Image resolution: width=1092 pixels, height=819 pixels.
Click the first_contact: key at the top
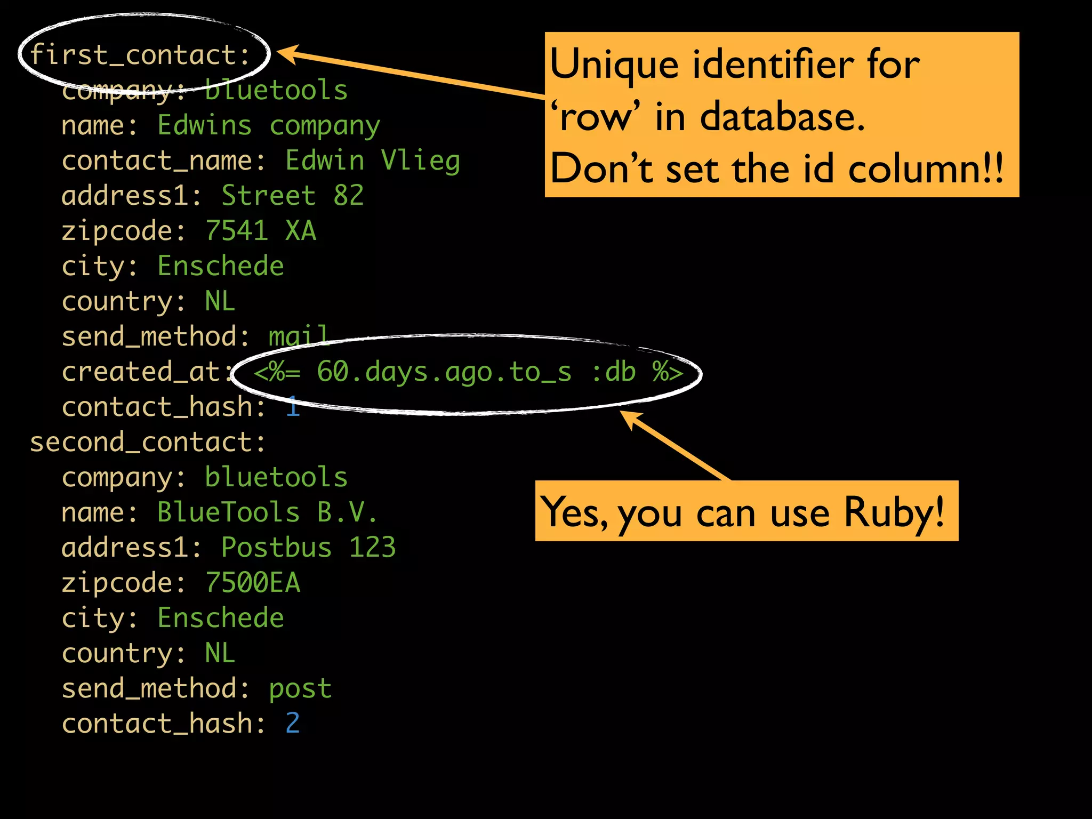tap(140, 55)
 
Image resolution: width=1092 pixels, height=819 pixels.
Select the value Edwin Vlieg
tap(372, 160)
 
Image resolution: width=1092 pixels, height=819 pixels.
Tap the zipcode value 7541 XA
tap(261, 231)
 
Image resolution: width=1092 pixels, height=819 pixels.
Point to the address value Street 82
tap(292, 196)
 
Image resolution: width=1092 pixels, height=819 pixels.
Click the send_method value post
tap(300, 688)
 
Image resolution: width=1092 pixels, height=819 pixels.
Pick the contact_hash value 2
tap(293, 724)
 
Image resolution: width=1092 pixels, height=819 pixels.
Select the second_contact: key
tap(147, 442)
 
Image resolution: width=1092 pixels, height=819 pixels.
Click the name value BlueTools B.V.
tap(267, 512)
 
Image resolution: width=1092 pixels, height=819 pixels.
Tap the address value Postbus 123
tap(308, 548)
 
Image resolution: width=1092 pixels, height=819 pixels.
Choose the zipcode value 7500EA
tap(253, 583)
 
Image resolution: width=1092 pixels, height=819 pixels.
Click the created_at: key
tap(147, 372)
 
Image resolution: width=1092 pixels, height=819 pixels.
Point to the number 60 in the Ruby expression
tap(333, 372)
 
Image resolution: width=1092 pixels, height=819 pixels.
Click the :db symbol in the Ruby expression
tap(614, 372)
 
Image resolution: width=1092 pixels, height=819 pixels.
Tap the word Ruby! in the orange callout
tap(894, 512)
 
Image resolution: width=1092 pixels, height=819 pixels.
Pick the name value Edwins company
tap(269, 126)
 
